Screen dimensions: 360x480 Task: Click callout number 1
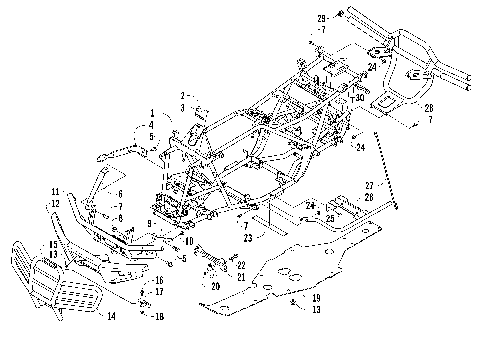click(x=151, y=113)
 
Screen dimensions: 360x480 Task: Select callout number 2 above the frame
click(x=183, y=95)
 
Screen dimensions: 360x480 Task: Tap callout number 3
click(x=183, y=105)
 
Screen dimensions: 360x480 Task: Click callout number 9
click(x=148, y=222)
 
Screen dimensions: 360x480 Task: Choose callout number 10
click(x=189, y=241)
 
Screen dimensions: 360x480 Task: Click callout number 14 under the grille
click(x=111, y=316)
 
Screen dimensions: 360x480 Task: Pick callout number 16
click(x=158, y=281)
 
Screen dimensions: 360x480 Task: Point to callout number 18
click(x=158, y=315)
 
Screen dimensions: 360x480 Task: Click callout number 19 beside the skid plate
click(x=316, y=298)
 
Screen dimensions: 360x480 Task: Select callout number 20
click(x=214, y=285)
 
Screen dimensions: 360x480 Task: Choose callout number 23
click(x=246, y=239)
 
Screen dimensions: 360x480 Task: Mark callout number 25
click(x=330, y=216)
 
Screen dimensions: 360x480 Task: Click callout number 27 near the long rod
click(x=341, y=185)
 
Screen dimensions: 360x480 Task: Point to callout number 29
click(x=321, y=18)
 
